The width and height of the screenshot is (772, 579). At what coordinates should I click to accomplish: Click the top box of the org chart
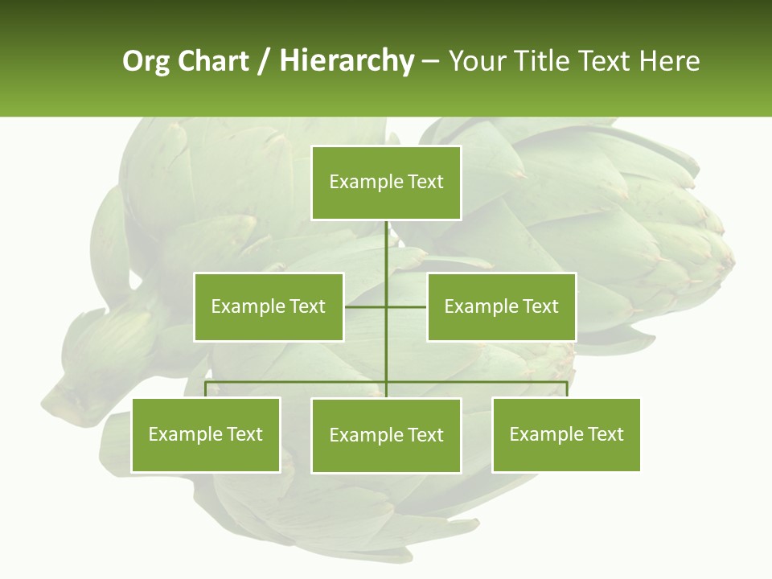pyautogui.click(x=386, y=183)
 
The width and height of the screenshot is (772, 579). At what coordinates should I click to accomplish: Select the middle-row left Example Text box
pyautogui.click(x=269, y=306)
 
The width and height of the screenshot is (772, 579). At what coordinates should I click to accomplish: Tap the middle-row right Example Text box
pyautogui.click(x=501, y=306)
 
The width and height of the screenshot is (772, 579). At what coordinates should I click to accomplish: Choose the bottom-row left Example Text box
pyautogui.click(x=206, y=435)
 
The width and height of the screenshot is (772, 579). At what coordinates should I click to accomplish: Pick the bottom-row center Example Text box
pyautogui.click(x=386, y=435)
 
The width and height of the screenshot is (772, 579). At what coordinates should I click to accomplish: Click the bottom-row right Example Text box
pyautogui.click(x=566, y=435)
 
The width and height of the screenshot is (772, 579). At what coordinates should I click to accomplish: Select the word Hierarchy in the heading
pyautogui.click(x=347, y=61)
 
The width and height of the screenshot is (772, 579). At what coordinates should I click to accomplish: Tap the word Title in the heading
pyautogui.click(x=544, y=61)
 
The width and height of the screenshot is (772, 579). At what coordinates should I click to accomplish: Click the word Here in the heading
pyautogui.click(x=669, y=61)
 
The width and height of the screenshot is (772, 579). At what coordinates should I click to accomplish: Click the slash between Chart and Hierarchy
pyautogui.click(x=264, y=62)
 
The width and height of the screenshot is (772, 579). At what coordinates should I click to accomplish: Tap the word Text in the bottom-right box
pyautogui.click(x=606, y=434)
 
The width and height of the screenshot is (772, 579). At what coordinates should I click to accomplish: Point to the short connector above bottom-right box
pyautogui.click(x=567, y=390)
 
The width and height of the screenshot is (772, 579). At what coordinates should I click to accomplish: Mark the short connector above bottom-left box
pyautogui.click(x=206, y=390)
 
